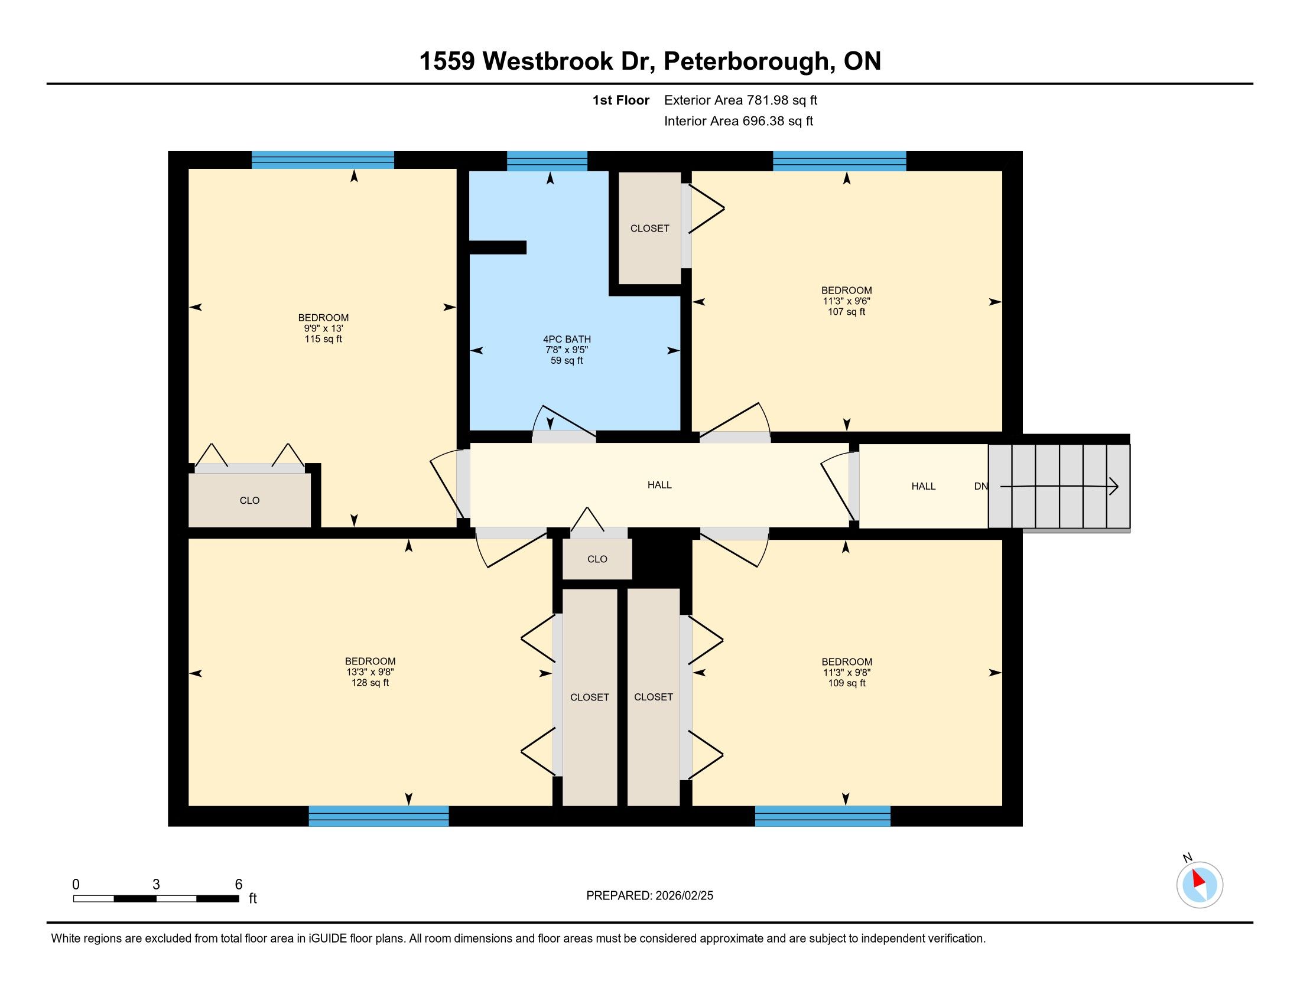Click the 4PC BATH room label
point(566,340)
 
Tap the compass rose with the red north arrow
point(1200,885)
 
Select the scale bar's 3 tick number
point(156,884)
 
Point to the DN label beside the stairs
point(980,486)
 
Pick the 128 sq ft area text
point(370,683)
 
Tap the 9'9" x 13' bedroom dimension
point(323,328)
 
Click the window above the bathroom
point(547,161)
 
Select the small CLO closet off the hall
point(597,559)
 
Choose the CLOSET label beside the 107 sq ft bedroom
point(649,229)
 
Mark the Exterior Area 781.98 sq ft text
point(740,100)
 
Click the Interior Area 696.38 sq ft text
point(738,120)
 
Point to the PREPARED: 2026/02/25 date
point(649,895)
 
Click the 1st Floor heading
point(620,100)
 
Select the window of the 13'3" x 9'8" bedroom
point(379,816)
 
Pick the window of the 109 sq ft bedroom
point(823,816)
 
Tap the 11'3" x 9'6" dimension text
point(846,301)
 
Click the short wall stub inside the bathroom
point(498,247)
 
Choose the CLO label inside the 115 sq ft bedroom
point(249,500)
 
